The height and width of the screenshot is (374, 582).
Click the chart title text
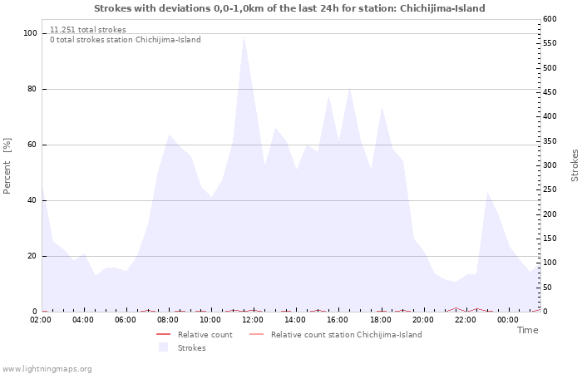289,8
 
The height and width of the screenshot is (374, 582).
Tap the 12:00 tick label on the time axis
253,320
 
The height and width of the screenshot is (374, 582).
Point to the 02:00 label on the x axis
41,320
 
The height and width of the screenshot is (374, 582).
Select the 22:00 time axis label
466,320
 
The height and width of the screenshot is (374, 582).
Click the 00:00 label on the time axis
508,320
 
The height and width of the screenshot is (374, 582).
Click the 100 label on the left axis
30,33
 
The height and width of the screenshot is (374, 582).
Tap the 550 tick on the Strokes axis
550,43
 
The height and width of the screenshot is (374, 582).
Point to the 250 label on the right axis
550,189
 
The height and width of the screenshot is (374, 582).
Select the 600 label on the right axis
550,19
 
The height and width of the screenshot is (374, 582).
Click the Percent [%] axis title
7,166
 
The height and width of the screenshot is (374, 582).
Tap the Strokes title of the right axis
575,165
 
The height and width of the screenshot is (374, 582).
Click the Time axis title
527,330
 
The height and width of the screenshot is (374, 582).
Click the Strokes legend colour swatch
163,347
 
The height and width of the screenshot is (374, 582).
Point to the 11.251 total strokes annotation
88,30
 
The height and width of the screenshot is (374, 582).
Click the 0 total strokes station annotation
126,40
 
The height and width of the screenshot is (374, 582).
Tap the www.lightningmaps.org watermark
46,369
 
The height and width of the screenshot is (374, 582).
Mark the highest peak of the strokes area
244,37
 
